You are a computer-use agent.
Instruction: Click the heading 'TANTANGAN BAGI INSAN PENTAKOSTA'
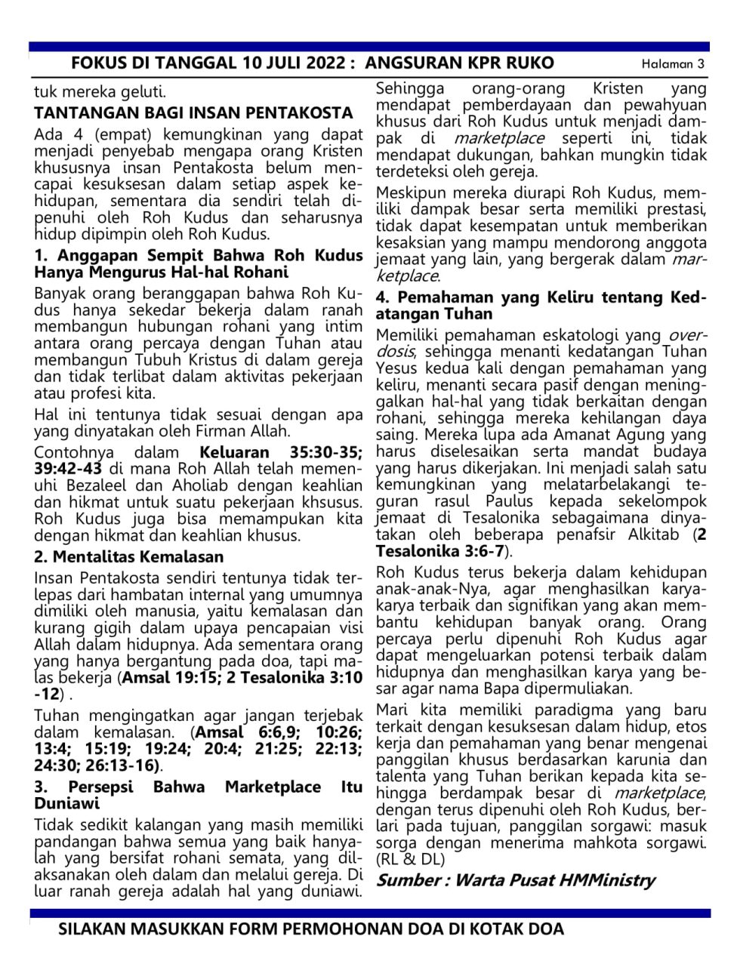click(x=193, y=113)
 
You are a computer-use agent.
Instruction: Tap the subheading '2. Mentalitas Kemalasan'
click(x=129, y=557)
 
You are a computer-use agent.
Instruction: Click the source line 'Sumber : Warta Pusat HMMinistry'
click(x=516, y=880)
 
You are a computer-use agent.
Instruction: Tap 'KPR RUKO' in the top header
click(x=513, y=63)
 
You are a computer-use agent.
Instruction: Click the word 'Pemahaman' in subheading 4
click(x=445, y=297)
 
